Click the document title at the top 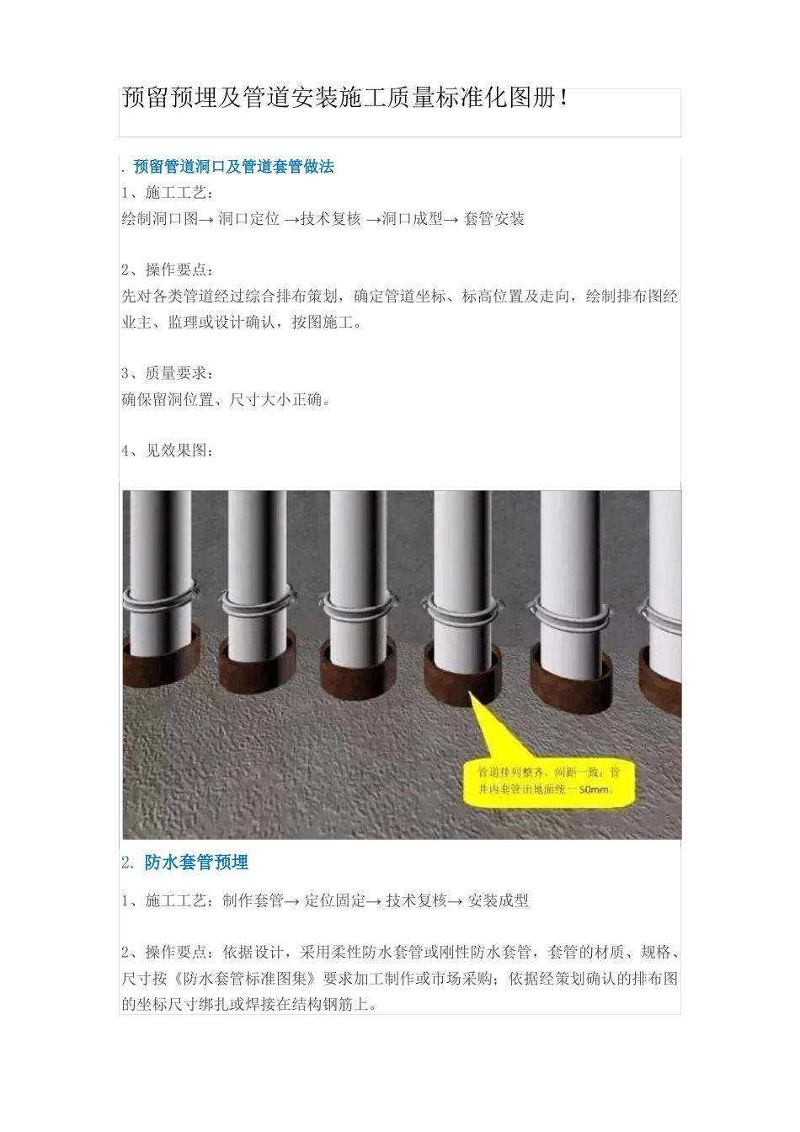coord(345,99)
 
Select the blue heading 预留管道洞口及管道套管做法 coord(233,167)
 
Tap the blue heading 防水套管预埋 coord(196,862)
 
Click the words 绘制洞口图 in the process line coord(160,219)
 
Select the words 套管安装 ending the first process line coord(493,219)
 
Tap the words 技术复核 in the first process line coord(331,219)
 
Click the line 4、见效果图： coord(168,451)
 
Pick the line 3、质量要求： coord(168,373)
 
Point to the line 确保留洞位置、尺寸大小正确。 coord(227,400)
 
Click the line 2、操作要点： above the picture coord(168,270)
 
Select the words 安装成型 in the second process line coord(499,901)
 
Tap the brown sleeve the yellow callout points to coord(462,679)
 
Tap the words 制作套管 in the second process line coord(253,901)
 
